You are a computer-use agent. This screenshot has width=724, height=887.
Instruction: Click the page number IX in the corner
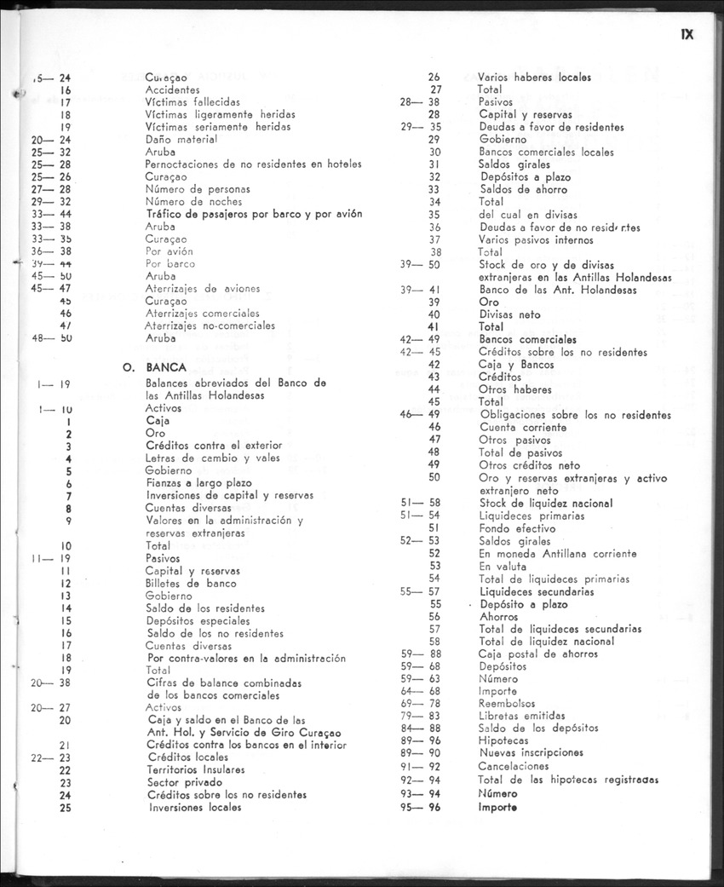pyautogui.click(x=688, y=35)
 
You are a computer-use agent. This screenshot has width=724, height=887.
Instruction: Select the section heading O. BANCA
pyautogui.click(x=149, y=368)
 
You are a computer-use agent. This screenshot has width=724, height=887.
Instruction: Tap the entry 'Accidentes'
pyautogui.click(x=172, y=89)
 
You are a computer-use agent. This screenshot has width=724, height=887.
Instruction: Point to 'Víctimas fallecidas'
pyautogui.click(x=192, y=101)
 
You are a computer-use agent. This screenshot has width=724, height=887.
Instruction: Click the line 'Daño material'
pyautogui.click(x=181, y=139)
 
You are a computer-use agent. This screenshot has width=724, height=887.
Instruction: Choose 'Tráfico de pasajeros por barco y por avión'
pyautogui.click(x=254, y=214)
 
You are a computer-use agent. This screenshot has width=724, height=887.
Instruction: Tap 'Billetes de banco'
pyautogui.click(x=191, y=584)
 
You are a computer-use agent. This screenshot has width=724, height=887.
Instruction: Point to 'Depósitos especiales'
pyautogui.click(x=197, y=621)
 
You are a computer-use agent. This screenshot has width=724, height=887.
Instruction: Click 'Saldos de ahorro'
pyautogui.click(x=523, y=189)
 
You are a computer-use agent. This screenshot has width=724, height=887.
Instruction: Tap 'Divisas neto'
pyautogui.click(x=509, y=314)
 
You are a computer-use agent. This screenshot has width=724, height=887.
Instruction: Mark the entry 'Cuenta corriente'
pyautogui.click(x=522, y=427)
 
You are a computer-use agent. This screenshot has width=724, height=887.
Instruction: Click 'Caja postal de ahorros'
pyautogui.click(x=538, y=654)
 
